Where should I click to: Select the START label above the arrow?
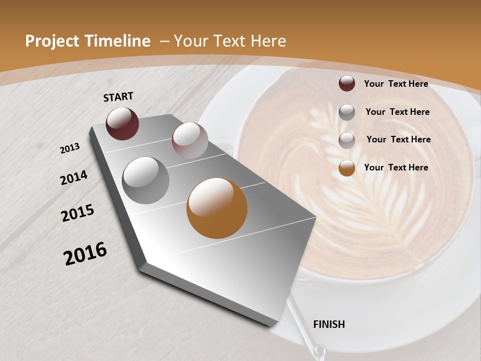(x=118, y=97)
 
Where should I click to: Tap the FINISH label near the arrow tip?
(x=329, y=324)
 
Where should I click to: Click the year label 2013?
(x=70, y=148)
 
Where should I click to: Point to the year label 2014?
(x=74, y=177)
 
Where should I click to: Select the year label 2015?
(x=78, y=213)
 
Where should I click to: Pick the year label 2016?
(x=85, y=253)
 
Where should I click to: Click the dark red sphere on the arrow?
(x=122, y=123)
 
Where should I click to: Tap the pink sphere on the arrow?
(x=190, y=140)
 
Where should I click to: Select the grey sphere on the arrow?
(x=146, y=180)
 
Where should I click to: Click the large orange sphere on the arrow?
(x=217, y=208)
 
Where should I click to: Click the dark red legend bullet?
(x=347, y=83)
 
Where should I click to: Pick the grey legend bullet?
(x=347, y=112)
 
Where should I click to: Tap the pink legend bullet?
(x=347, y=140)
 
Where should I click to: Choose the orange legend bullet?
(x=347, y=168)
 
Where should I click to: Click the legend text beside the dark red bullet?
(x=396, y=84)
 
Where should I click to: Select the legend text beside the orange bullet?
(x=396, y=167)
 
